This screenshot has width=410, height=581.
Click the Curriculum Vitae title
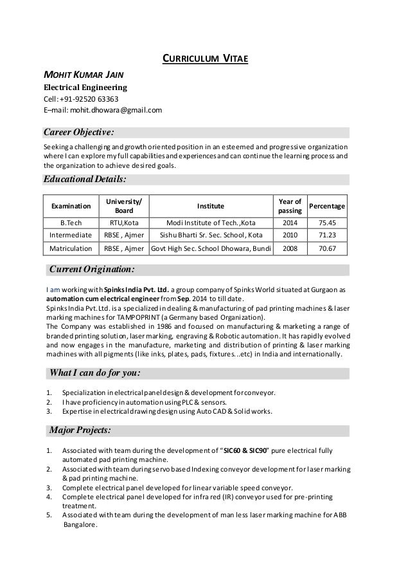coord(204,61)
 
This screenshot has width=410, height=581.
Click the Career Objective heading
coord(78,133)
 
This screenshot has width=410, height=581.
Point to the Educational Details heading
coord(85,179)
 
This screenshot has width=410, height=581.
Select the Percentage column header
coord(328,206)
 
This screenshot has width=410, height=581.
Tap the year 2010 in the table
coord(290,235)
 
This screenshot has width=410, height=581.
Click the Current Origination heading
coord(92,268)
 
